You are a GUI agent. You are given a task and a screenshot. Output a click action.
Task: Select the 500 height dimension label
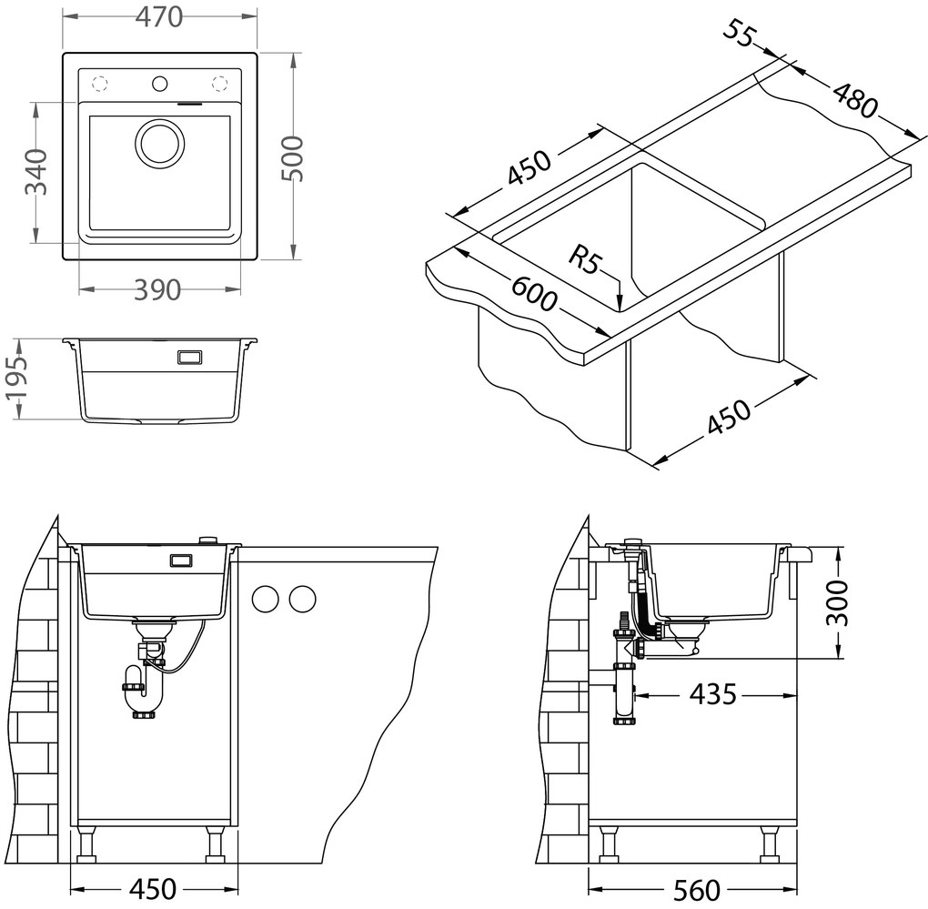[x=291, y=157]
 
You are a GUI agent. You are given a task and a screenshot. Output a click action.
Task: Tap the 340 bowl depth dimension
[x=35, y=172]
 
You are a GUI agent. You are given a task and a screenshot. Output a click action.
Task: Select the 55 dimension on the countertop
[x=742, y=34]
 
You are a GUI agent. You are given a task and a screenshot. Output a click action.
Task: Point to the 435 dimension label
[x=711, y=695]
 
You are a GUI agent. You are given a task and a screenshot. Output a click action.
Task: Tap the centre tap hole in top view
[x=160, y=85]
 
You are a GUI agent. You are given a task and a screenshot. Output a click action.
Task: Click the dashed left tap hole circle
[x=100, y=85]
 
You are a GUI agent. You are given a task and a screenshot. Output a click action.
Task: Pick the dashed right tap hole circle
[x=220, y=85]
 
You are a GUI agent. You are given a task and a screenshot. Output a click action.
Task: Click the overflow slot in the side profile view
[x=190, y=358]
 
